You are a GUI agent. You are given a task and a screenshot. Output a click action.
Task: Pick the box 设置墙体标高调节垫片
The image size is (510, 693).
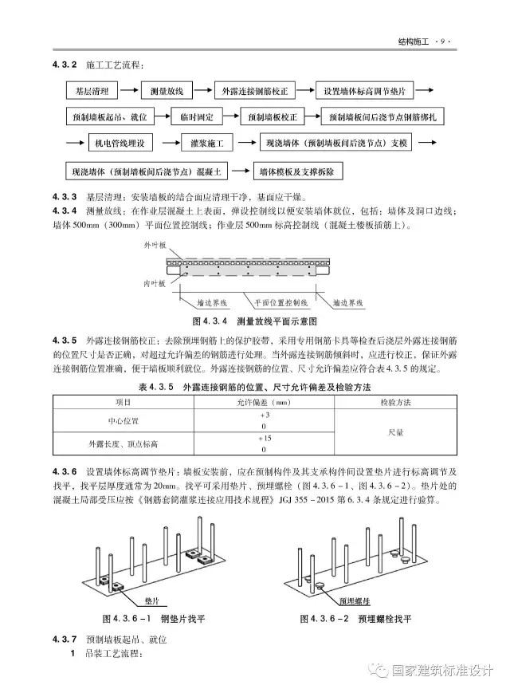pyautogui.click(x=366, y=91)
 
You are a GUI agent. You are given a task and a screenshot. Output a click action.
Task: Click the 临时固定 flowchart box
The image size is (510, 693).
pyautogui.click(x=198, y=117)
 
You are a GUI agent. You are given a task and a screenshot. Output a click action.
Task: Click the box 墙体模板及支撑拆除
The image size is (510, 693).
pyautogui.click(x=297, y=171)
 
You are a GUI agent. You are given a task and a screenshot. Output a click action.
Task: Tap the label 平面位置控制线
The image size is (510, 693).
pyautogui.click(x=280, y=303)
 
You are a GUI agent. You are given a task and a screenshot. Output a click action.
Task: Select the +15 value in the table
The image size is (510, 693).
pyautogui.click(x=265, y=439)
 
